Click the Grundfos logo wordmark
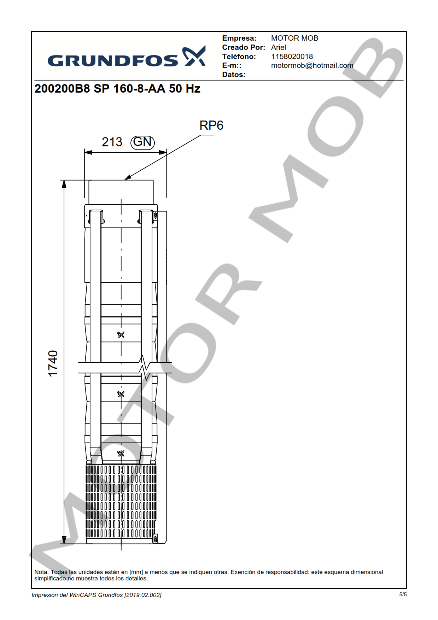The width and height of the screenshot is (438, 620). tap(113, 61)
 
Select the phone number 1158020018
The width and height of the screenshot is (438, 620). tap(292, 57)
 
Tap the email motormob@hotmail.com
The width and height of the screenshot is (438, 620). tap(312, 65)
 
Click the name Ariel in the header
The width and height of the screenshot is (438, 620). tap(279, 47)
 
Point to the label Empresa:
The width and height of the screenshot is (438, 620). tap(239, 38)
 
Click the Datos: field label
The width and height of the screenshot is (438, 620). tap(234, 75)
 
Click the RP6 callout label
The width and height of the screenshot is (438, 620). tap(211, 125)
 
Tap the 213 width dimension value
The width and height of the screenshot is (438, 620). tap(112, 142)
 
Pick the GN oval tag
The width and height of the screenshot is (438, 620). tap(143, 142)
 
